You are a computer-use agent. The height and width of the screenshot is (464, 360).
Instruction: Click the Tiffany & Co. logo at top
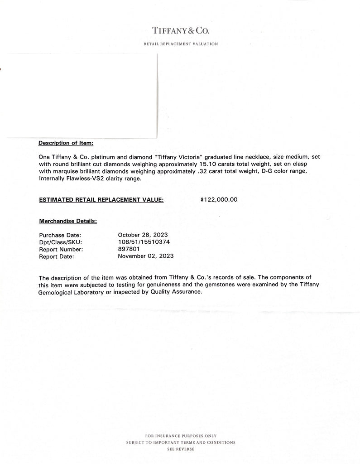click(x=181, y=30)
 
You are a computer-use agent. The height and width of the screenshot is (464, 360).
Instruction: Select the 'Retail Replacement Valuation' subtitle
click(x=181, y=44)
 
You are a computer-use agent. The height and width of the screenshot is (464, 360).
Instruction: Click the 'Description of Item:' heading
click(x=66, y=143)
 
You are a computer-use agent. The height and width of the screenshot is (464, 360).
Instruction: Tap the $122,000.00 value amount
click(x=219, y=199)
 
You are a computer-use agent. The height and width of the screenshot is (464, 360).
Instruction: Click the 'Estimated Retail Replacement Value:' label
click(x=101, y=199)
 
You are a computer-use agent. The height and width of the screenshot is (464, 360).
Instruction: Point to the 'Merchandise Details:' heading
click(x=68, y=221)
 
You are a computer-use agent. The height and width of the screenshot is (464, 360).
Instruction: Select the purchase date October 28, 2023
click(x=143, y=235)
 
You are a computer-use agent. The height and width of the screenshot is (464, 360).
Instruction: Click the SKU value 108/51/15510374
click(x=144, y=242)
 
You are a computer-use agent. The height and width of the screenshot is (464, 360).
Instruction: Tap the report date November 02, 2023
click(x=145, y=256)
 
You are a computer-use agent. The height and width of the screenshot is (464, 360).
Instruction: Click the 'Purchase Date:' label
click(x=60, y=235)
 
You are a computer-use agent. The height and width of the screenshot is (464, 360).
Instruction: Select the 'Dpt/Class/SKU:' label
click(x=61, y=242)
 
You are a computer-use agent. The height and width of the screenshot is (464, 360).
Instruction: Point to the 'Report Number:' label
click(x=61, y=249)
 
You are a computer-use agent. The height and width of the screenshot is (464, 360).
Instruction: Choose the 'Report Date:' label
click(x=57, y=256)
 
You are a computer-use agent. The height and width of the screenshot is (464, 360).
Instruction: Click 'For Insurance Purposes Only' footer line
click(x=181, y=435)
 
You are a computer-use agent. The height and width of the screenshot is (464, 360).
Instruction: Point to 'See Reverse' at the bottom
click(x=181, y=449)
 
